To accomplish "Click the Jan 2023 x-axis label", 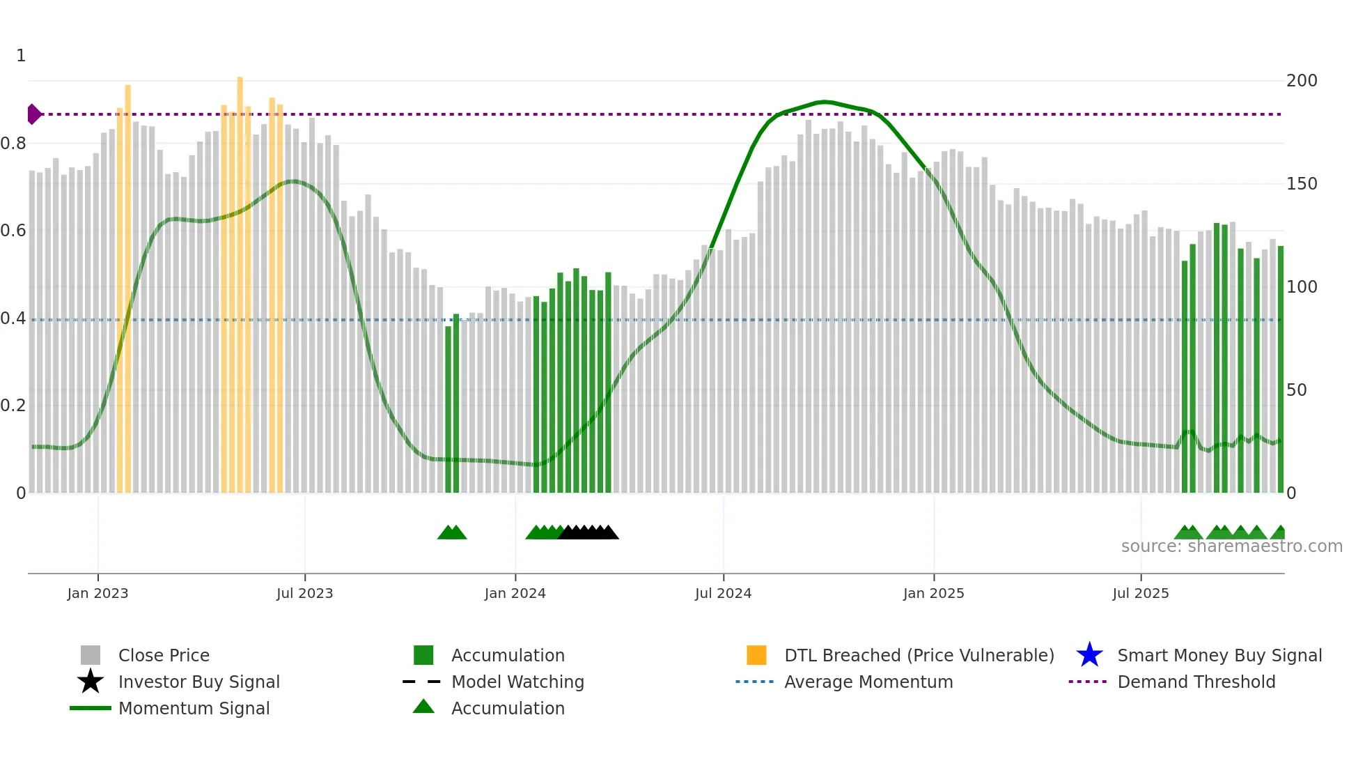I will tap(97, 594).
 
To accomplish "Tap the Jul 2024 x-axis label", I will tap(723, 594).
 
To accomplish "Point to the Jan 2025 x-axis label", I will tap(933, 594).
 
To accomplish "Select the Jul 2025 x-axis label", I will tap(1140, 594).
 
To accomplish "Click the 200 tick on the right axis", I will tap(1301, 81).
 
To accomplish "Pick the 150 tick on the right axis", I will tap(1301, 184).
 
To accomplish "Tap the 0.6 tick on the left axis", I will tap(13, 231).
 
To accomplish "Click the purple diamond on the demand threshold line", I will tap(33, 114).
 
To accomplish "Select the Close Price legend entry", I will tap(164, 656).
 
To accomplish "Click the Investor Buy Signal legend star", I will tap(91, 682).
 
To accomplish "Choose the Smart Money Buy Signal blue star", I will tap(1089, 655).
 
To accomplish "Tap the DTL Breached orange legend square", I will tap(756, 655).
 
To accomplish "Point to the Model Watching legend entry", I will tap(517, 682).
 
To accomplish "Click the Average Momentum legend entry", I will tap(868, 682).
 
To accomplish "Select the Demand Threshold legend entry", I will tap(1196, 682).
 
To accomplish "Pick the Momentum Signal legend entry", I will tap(194, 709).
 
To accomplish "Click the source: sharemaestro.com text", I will tap(1231, 546).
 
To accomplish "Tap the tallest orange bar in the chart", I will tap(240, 279).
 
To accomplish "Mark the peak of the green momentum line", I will tap(824, 102).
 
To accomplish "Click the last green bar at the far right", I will tap(1280, 369).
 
